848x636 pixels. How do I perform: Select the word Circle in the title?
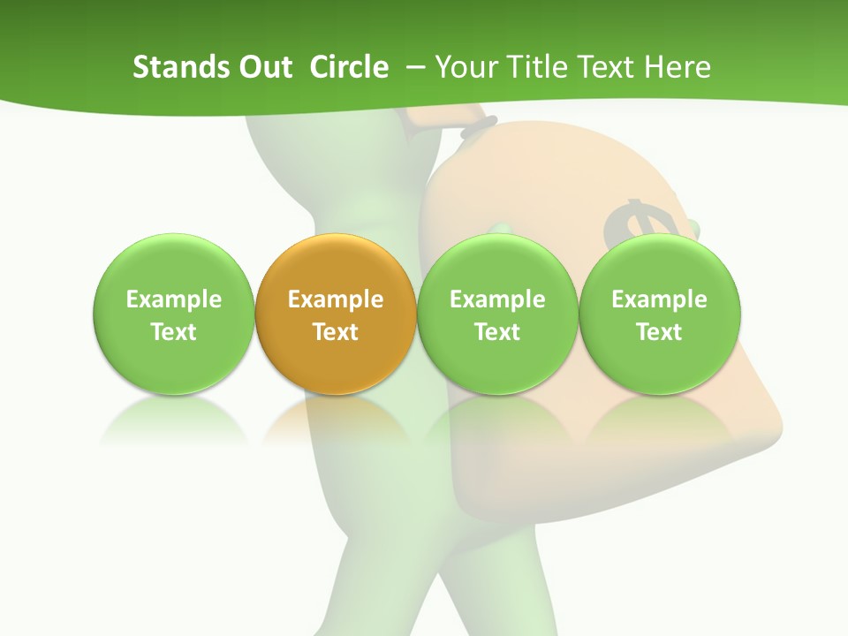point(349,67)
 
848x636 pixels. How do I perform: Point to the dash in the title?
point(415,68)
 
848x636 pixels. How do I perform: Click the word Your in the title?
point(465,67)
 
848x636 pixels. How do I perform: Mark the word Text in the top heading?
point(607,67)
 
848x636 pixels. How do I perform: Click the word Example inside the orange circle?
point(336,299)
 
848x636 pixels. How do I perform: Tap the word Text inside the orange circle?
point(336,332)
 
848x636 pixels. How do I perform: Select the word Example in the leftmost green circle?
point(173,299)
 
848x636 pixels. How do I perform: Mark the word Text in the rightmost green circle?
point(660,332)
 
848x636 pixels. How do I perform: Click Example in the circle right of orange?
point(497,299)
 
